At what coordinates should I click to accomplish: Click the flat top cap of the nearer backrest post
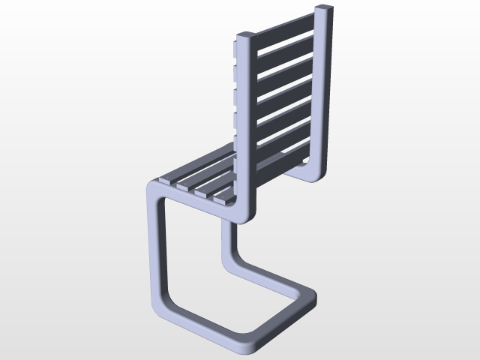point(246,35)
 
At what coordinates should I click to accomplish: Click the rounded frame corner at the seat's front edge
point(152,187)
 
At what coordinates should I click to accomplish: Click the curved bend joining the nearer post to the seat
point(244,214)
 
